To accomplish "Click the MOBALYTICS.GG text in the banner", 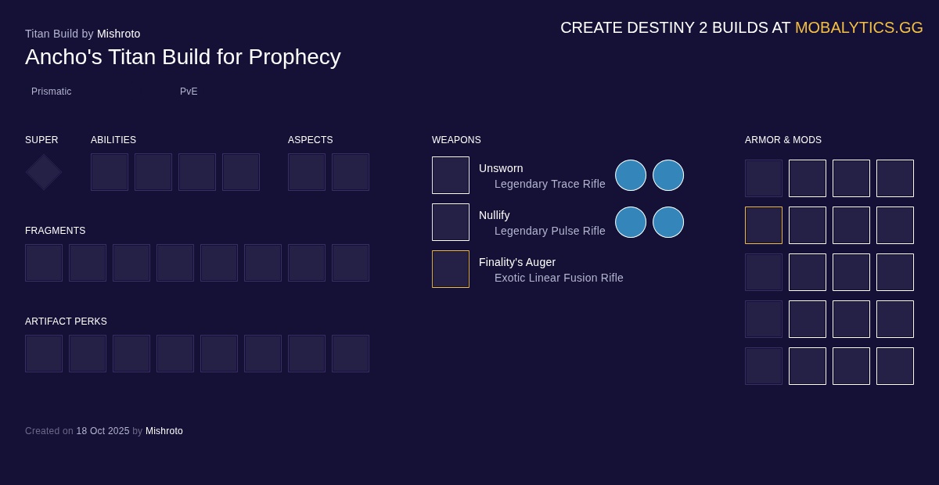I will pyautogui.click(x=858, y=27).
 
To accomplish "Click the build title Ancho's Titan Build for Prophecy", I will pyautogui.click(x=183, y=57).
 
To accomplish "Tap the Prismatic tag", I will pyautogui.click(x=52, y=92).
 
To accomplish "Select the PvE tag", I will pyautogui.click(x=189, y=92).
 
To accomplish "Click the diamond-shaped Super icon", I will pyautogui.click(x=44, y=172).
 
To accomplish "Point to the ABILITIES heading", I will pyautogui.click(x=113, y=140).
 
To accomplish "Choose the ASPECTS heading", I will pyautogui.click(x=311, y=140).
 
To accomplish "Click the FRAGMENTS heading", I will pyautogui.click(x=56, y=231).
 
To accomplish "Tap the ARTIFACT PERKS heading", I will pyautogui.click(x=66, y=322).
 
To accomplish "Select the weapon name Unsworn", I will pyautogui.click(x=501, y=168).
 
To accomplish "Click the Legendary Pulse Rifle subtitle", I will pyautogui.click(x=550, y=231).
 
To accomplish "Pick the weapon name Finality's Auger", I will pyautogui.click(x=517, y=262).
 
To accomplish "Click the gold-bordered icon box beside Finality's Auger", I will pyautogui.click(x=451, y=269).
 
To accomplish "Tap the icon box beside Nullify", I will pyautogui.click(x=451, y=222).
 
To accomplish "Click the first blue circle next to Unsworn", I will pyautogui.click(x=631, y=175).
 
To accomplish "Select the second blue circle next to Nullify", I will pyautogui.click(x=668, y=222).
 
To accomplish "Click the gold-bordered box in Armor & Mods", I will pyautogui.click(x=764, y=225).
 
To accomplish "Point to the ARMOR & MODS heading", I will pyautogui.click(x=783, y=140).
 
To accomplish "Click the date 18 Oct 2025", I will pyautogui.click(x=103, y=431).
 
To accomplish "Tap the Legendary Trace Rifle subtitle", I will pyautogui.click(x=550, y=184).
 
